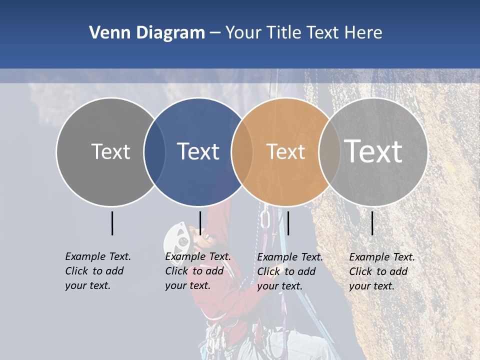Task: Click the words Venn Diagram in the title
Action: [x=147, y=33]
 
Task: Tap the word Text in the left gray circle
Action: [x=110, y=151]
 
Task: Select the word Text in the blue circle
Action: [x=198, y=151]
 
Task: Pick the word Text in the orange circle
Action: [x=285, y=151]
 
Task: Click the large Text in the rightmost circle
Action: [x=373, y=151]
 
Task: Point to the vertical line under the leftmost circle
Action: [x=112, y=223]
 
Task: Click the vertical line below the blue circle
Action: [x=200, y=223]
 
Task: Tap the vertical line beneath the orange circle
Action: [x=288, y=223]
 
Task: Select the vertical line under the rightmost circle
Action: [x=372, y=223]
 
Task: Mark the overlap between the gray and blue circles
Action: [x=154, y=151]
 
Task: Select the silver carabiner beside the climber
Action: [x=265, y=219]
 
